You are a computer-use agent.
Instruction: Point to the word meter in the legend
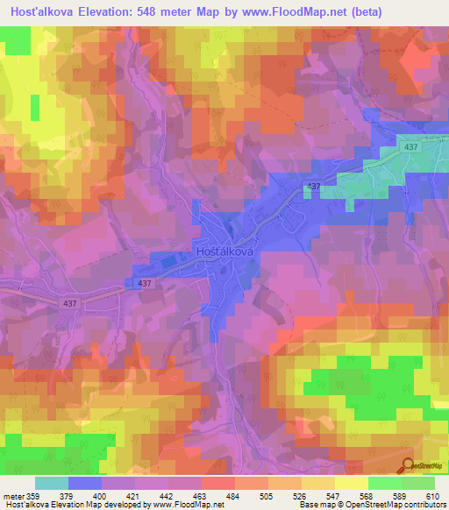pos(13,496)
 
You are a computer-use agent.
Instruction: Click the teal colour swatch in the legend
pos(52,483)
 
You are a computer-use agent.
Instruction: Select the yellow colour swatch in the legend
pos(351,483)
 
